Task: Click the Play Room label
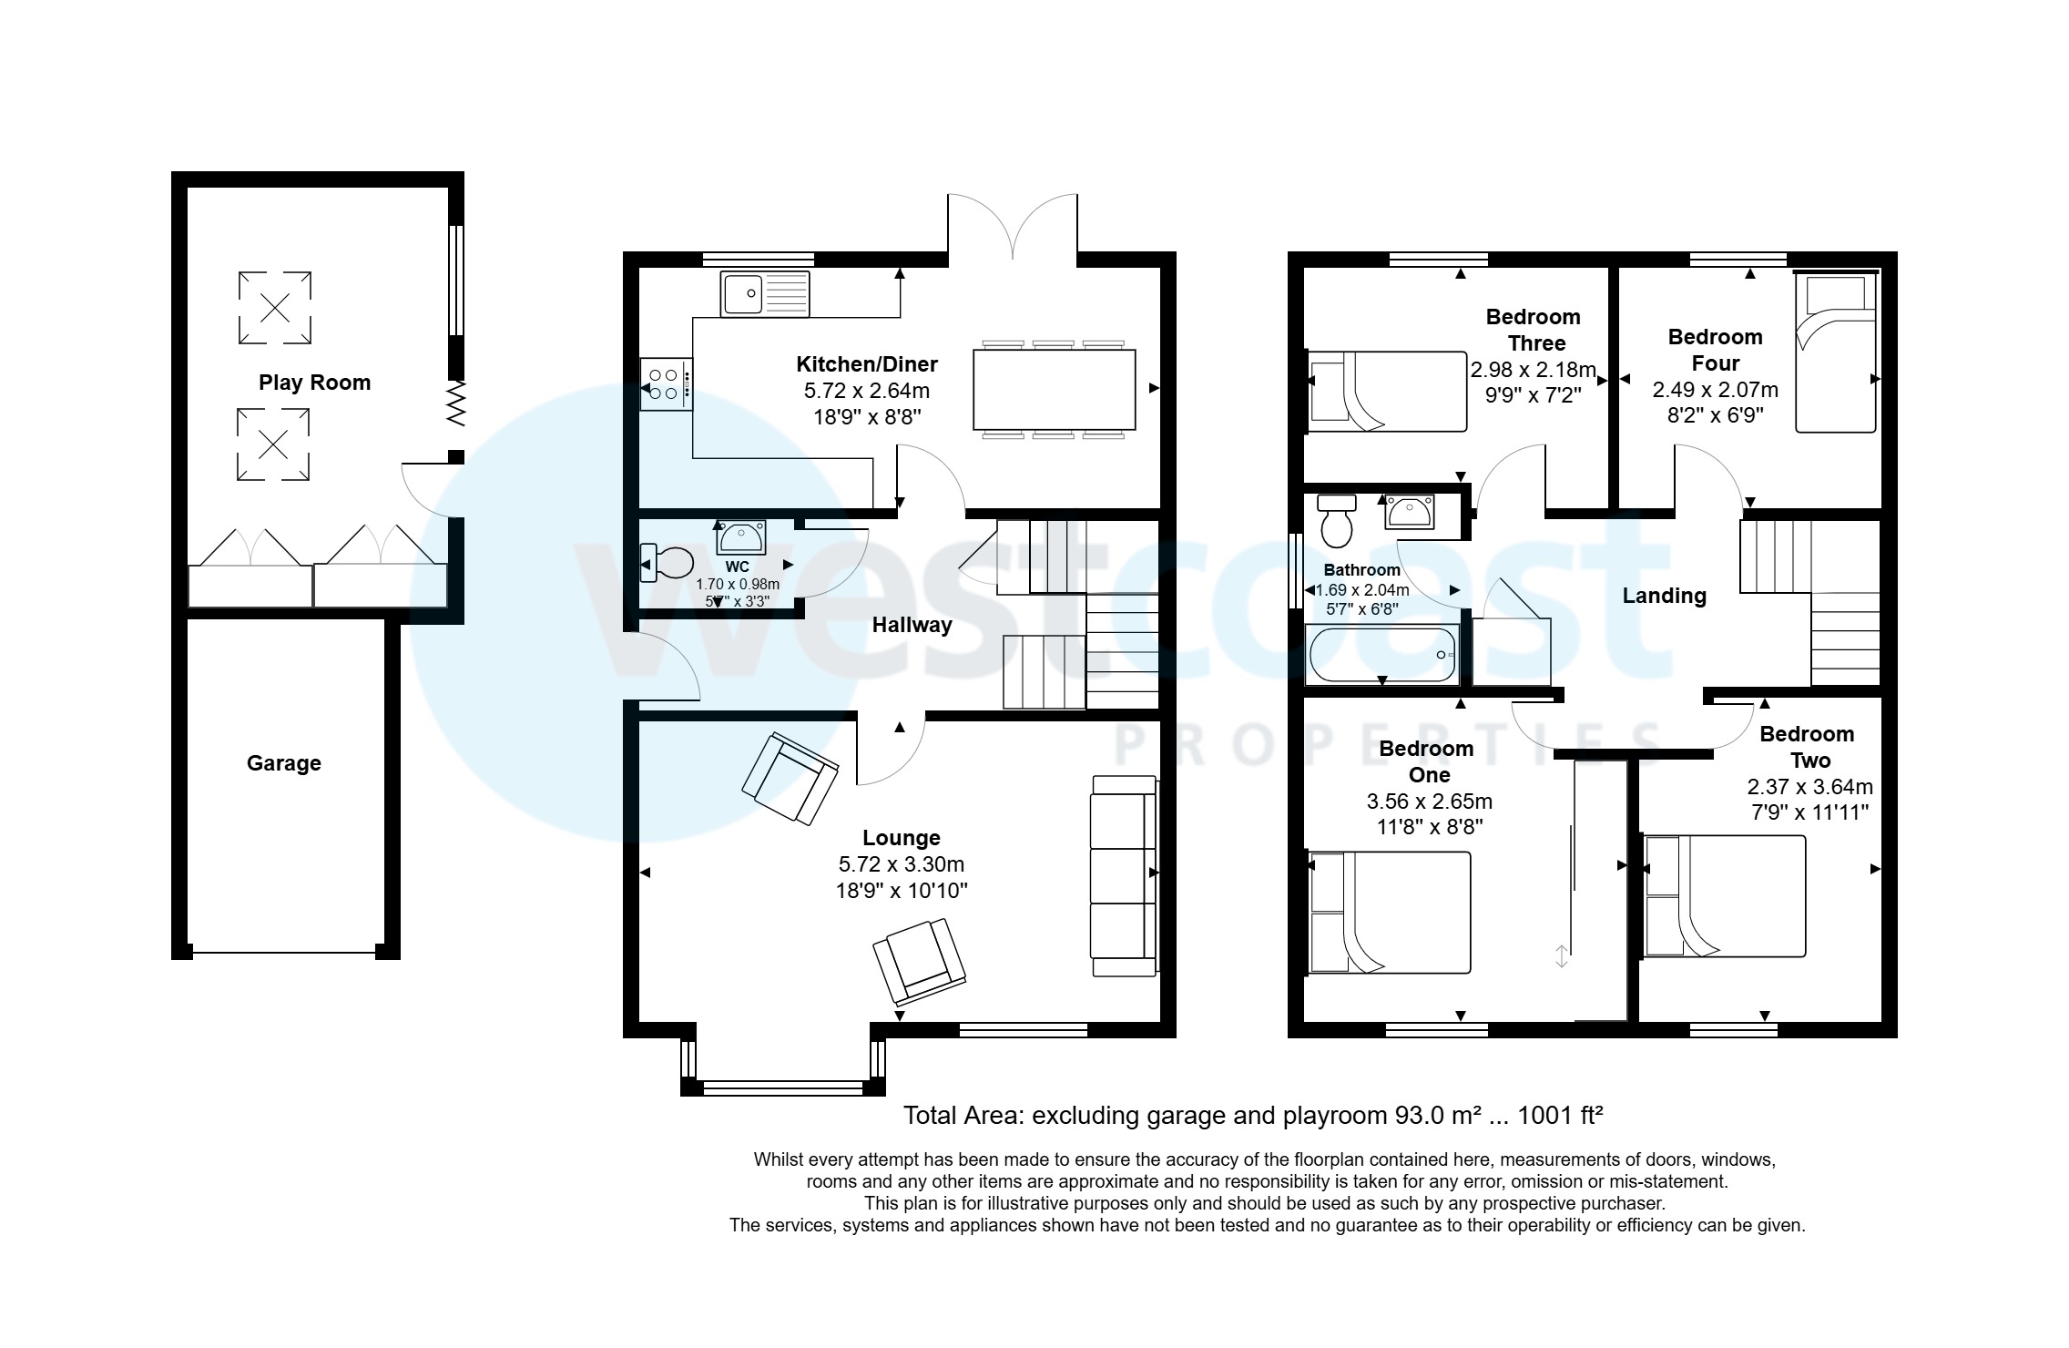(x=314, y=383)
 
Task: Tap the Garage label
(x=283, y=763)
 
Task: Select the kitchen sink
(x=764, y=293)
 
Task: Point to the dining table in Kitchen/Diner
(x=1054, y=390)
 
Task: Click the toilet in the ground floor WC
(x=668, y=563)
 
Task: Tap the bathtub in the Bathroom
(x=1381, y=655)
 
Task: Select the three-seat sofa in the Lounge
(x=1124, y=876)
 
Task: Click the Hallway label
(x=912, y=625)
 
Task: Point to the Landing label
(x=1664, y=596)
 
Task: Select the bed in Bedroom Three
(x=1386, y=392)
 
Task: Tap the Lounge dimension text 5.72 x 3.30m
(x=901, y=864)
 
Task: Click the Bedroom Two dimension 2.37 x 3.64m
(x=1809, y=786)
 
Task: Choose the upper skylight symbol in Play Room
(x=274, y=308)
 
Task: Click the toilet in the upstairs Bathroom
(x=1337, y=518)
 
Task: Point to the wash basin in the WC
(x=741, y=537)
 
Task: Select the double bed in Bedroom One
(x=1389, y=913)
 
